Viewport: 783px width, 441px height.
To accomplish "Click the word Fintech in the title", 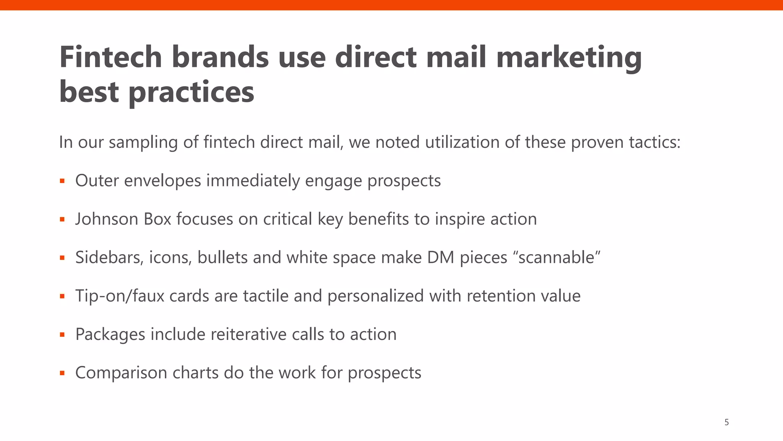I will (x=110, y=57).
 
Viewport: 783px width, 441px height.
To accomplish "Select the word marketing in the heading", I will (x=569, y=57).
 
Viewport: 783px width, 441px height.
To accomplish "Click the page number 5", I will (x=726, y=422).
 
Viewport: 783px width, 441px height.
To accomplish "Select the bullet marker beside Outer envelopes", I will (x=62, y=181).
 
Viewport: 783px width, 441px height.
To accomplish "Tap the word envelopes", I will (x=162, y=181).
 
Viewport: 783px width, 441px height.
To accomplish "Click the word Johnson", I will (x=107, y=219).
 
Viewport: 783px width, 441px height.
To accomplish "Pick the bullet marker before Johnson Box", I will (x=62, y=219).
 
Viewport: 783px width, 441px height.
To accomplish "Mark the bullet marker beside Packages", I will (x=62, y=335).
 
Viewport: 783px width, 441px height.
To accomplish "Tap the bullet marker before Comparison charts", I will (x=62, y=373).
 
